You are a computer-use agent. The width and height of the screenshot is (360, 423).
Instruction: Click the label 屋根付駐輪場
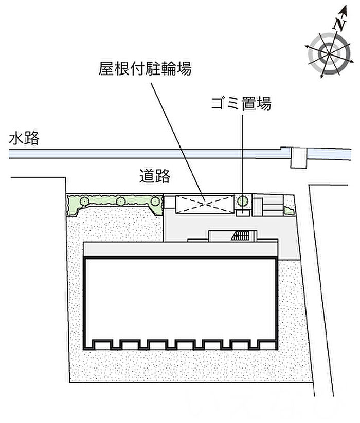point(145,68)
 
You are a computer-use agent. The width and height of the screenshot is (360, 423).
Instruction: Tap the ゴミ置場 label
point(241,103)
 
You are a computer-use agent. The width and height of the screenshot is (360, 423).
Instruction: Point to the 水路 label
point(24,138)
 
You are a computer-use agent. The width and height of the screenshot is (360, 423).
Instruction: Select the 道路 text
point(155,176)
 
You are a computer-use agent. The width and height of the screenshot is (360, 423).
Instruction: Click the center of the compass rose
point(329,53)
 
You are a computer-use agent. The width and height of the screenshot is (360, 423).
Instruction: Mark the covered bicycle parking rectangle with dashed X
point(205,204)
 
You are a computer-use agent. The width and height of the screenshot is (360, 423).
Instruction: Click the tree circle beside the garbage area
point(243,201)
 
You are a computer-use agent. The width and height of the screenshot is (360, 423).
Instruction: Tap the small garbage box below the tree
point(243,213)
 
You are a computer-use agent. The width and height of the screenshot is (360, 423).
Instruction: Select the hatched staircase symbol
point(241,235)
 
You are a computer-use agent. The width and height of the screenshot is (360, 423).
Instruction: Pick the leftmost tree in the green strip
point(84,201)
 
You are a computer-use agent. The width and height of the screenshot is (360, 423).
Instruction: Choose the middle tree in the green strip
point(121,201)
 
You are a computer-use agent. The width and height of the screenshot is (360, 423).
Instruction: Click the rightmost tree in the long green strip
point(155,201)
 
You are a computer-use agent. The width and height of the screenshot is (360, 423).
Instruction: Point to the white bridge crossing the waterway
point(299,158)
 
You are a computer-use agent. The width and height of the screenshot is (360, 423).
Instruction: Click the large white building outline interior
point(181,298)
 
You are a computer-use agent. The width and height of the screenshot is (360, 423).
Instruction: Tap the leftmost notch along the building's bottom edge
point(102,344)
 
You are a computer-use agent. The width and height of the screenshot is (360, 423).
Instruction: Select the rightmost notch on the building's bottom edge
point(267,344)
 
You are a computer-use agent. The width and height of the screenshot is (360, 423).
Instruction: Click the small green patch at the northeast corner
point(289,211)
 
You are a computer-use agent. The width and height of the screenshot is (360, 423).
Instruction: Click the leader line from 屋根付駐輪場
point(177,142)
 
